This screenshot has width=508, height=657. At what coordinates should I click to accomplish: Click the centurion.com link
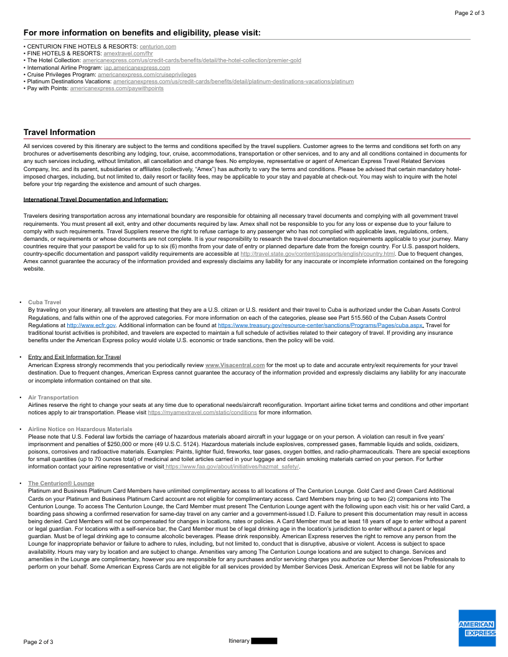158,47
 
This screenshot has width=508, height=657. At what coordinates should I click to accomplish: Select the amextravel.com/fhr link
128,54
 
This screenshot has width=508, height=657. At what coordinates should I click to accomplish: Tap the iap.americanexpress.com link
137,67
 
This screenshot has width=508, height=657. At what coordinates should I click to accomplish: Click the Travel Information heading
59,132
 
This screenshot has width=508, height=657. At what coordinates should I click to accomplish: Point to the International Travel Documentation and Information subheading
95,200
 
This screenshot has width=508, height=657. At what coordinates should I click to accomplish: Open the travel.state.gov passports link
317,254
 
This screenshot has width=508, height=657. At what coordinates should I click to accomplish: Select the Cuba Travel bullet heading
44,302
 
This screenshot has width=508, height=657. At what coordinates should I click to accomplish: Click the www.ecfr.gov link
91,325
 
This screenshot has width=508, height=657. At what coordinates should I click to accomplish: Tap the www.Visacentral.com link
235,365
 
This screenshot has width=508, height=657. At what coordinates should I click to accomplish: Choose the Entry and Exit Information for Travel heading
74,357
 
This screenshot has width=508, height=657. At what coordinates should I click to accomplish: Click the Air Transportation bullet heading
53,397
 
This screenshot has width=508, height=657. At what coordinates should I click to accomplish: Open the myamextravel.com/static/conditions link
202,412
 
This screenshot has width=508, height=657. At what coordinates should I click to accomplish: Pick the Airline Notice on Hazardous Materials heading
80,429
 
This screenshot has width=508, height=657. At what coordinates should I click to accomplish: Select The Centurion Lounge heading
61,483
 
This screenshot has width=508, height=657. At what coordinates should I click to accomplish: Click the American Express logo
477,628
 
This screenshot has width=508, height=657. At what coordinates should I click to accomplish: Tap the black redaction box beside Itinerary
264,641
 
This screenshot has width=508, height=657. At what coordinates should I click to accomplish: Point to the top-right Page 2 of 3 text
469,12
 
